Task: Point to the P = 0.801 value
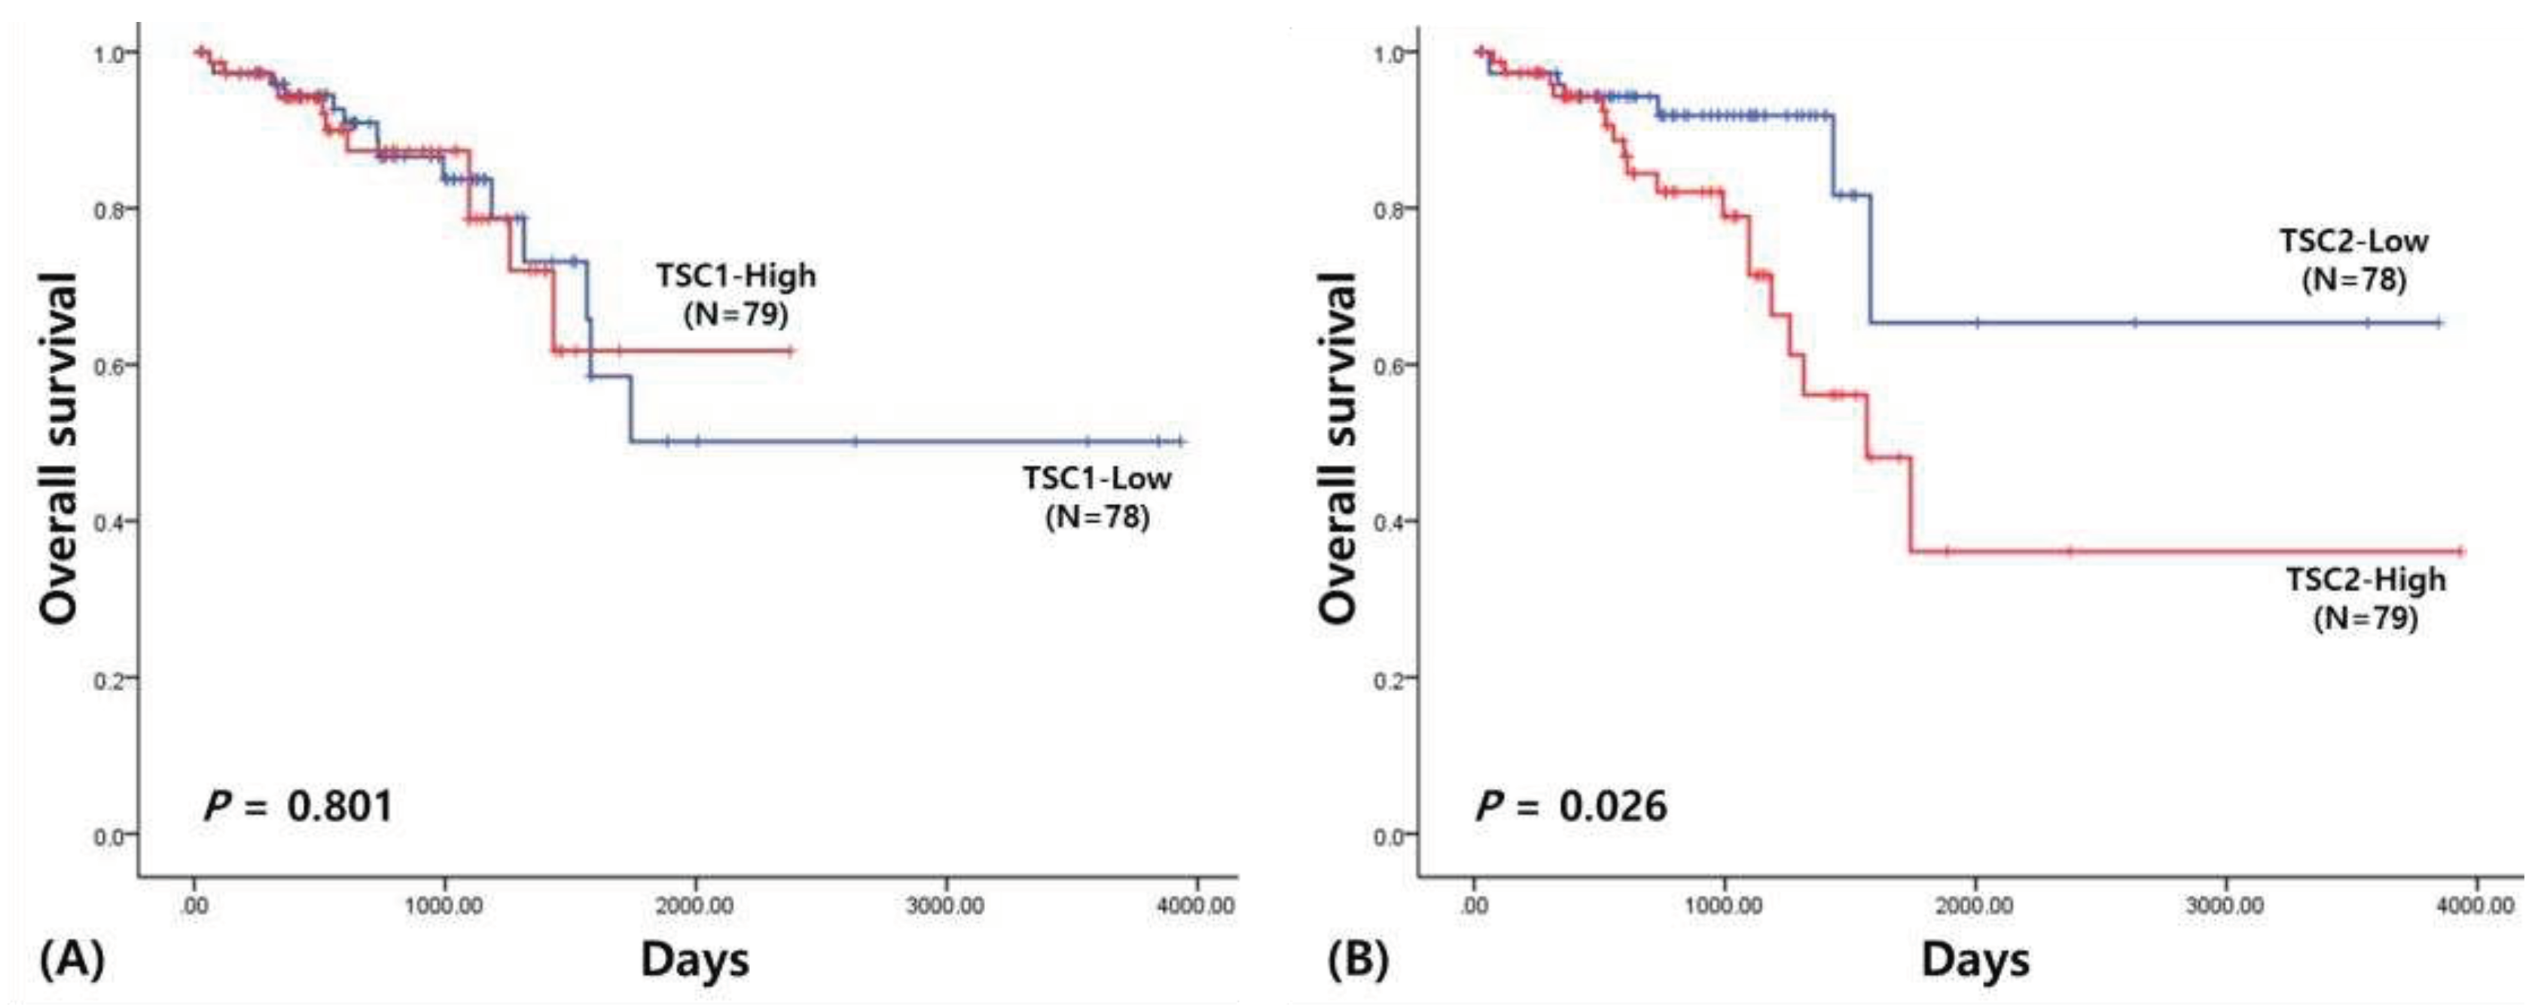tap(298, 806)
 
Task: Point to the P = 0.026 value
tap(1570, 806)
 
